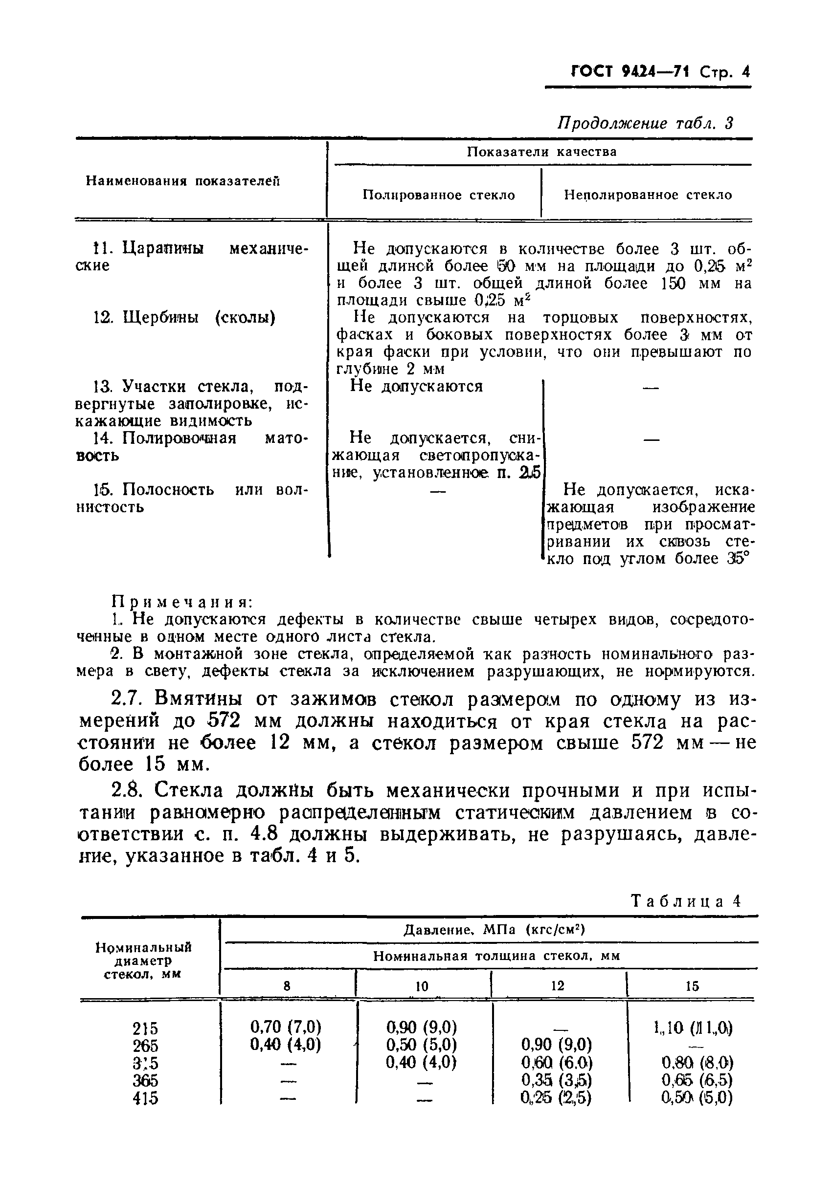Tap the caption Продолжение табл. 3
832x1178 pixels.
[x=645, y=123]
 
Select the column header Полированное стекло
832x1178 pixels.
[x=438, y=195]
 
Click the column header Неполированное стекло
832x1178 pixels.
[x=648, y=195]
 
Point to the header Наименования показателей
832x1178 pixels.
[x=183, y=181]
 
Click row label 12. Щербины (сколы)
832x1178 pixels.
[x=184, y=318]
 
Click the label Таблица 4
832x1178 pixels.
[x=686, y=901]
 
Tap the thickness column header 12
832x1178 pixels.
[x=558, y=985]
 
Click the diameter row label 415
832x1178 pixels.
[x=145, y=1098]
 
